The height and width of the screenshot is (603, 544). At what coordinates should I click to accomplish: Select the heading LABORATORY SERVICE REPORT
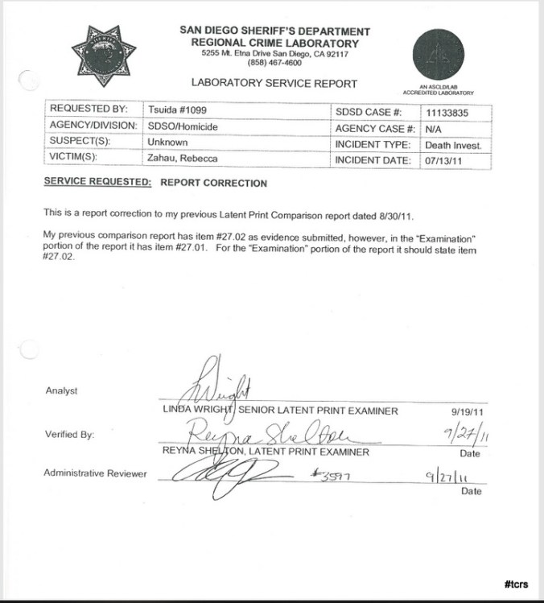coord(274,83)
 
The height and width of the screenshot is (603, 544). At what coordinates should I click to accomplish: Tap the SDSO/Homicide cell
coord(183,126)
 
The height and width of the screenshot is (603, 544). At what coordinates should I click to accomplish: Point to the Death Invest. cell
coord(453,145)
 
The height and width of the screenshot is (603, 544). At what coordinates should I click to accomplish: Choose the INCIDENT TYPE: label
coord(373,145)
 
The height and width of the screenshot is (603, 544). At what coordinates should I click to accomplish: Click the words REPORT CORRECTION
coord(213,183)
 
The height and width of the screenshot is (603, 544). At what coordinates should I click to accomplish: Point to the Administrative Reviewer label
coord(95,473)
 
